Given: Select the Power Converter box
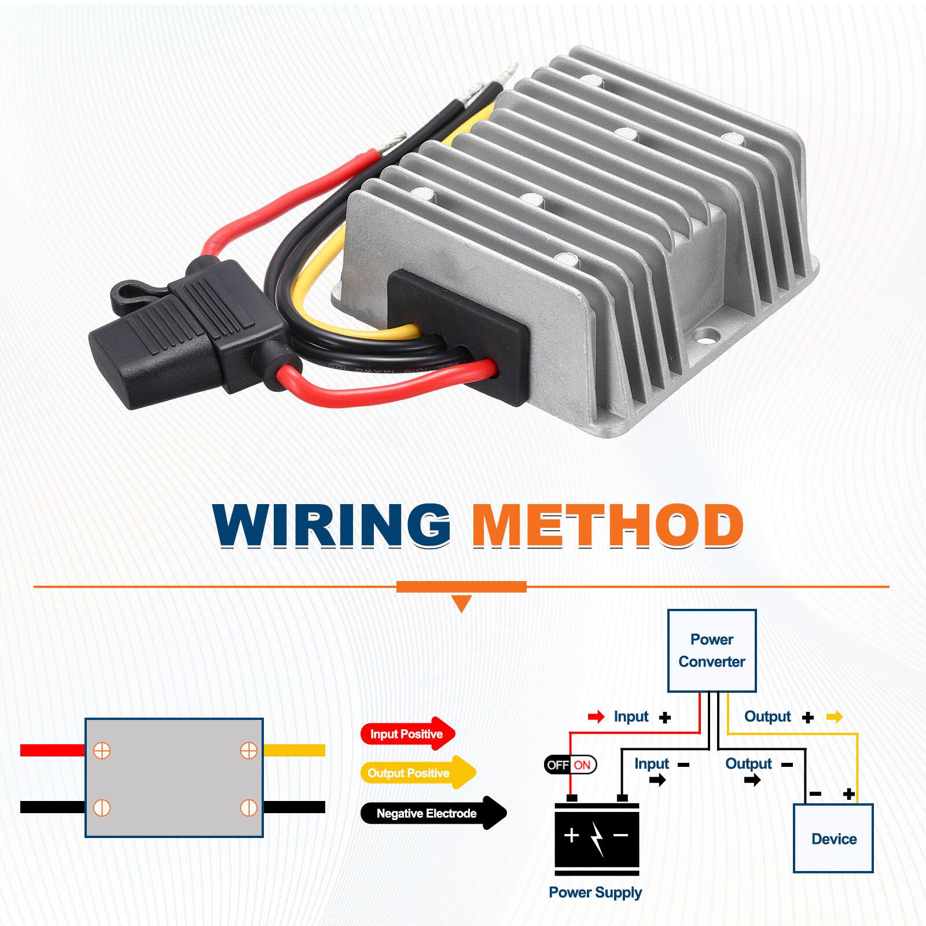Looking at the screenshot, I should click(712, 651).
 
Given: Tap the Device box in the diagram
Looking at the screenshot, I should click(833, 838).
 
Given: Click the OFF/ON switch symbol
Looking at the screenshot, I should click(570, 765).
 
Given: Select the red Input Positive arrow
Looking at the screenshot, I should click(407, 734).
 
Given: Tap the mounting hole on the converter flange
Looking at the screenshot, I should click(707, 334).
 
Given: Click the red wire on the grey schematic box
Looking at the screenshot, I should click(52, 750).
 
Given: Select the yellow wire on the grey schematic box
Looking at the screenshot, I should click(294, 750).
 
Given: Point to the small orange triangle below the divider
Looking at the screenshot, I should click(461, 604).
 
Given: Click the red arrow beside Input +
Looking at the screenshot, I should click(596, 717).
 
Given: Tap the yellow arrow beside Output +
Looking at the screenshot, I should click(834, 717).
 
